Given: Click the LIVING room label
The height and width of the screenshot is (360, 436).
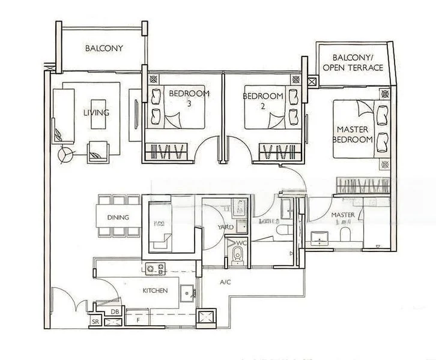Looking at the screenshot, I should point(96,112).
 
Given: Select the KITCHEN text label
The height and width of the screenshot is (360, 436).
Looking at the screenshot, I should point(154,290).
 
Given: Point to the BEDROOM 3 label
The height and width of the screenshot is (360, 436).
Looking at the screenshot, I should point(189,98).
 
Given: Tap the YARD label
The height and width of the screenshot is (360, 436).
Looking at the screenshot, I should point(225,227).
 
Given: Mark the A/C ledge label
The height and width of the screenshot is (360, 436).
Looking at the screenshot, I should point(225,281).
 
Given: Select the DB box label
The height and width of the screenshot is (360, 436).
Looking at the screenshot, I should point(114,311).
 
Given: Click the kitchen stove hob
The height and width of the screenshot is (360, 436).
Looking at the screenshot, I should point(155,269).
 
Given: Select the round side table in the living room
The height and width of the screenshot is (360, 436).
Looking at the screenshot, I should point(65,155).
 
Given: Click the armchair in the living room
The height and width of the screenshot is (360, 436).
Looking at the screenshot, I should point(98,152).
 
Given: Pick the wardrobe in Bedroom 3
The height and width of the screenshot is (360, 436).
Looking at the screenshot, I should point(168,152).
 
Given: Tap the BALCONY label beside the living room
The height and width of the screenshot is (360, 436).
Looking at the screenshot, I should point(104,49).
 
